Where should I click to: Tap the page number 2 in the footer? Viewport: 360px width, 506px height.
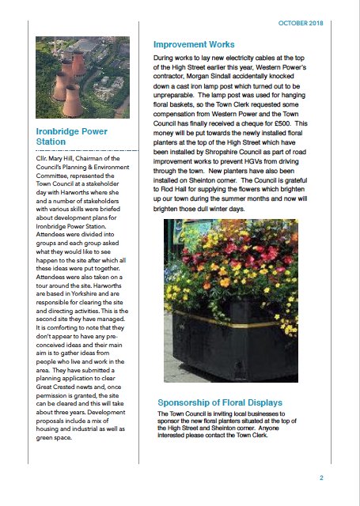click(321, 478)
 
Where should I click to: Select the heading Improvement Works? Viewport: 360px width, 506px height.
click(199, 45)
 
